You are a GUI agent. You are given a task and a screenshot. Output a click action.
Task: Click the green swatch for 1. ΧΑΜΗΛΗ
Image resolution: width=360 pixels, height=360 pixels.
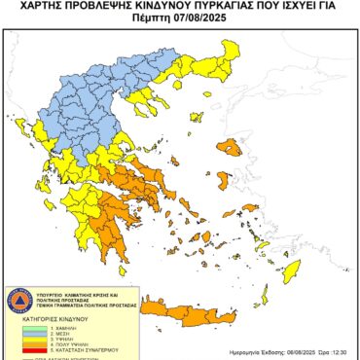[20, 328]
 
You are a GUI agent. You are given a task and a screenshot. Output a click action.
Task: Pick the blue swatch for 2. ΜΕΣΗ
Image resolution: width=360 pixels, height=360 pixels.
[20, 334]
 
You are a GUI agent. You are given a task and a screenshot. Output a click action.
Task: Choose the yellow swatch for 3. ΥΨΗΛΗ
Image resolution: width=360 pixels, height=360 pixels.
[20, 340]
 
